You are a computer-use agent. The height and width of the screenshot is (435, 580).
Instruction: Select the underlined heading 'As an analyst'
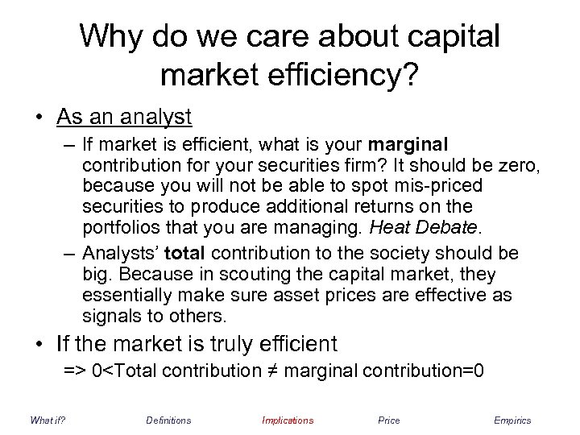[x=124, y=117]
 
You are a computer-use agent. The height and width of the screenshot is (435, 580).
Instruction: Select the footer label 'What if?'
[x=48, y=420]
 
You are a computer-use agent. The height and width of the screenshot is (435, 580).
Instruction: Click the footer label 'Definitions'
[x=168, y=420]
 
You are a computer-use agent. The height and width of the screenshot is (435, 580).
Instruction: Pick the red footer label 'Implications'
[x=288, y=420]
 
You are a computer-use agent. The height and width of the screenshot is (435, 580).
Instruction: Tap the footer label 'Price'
[x=388, y=420]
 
